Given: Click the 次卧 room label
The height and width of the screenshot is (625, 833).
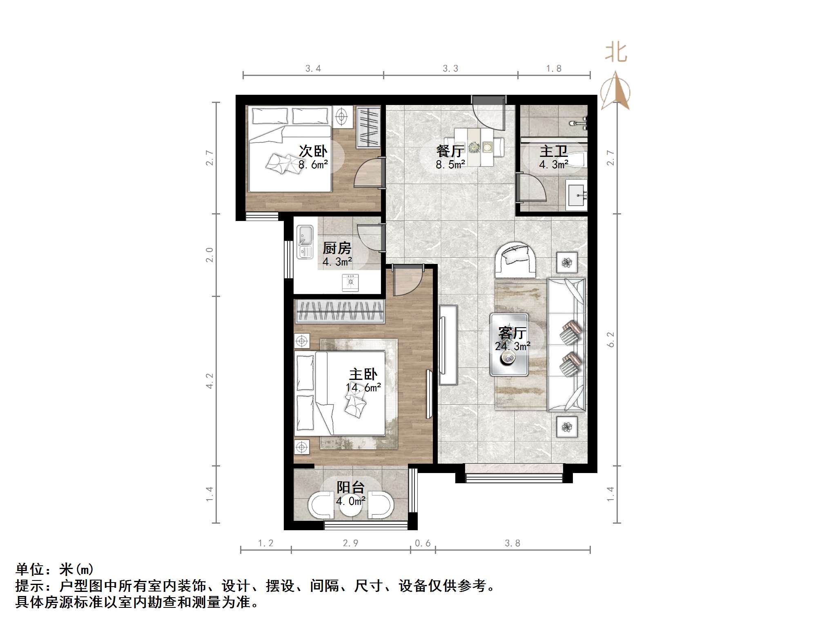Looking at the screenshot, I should pos(313,151).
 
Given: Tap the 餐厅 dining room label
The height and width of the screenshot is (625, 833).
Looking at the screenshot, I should pos(450,151).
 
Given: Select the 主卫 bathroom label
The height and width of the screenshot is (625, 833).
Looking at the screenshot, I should pos(554,151).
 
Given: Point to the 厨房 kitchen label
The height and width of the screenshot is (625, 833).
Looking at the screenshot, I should pos(337,248).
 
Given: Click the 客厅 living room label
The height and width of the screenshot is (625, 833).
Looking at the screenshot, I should pos(513,333).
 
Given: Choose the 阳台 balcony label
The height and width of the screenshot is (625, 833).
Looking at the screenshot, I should pos(350,487).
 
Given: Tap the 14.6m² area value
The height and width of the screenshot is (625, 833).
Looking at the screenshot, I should pos(363,387).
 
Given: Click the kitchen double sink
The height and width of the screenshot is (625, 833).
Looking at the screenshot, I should pos(304,242).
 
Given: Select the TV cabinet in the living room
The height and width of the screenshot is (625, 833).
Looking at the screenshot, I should pos(448,344).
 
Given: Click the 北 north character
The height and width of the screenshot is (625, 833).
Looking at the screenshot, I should pos(616,53).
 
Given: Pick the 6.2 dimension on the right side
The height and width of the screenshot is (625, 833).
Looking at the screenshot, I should pos(611,339).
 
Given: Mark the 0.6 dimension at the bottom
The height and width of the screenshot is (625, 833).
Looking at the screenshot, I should pos(423,543).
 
